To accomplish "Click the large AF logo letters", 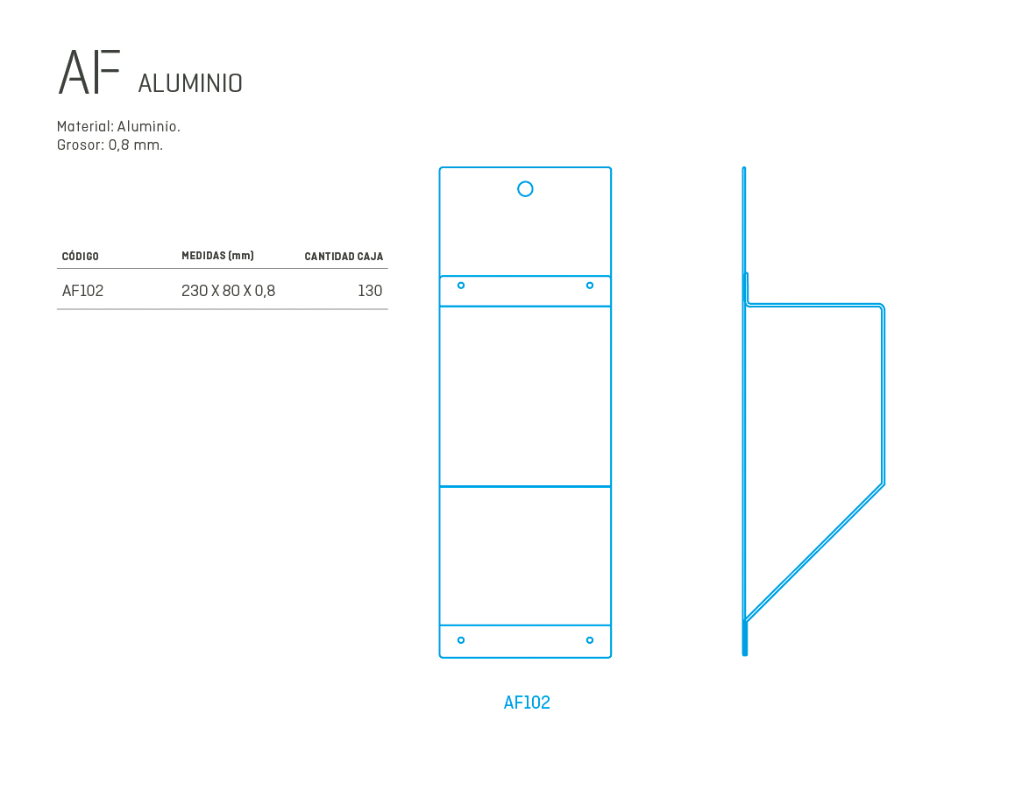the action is coord(89,72).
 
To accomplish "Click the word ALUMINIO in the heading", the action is coord(190,83).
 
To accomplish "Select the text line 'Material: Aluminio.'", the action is coord(118,126).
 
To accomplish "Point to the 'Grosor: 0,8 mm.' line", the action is coord(110,145).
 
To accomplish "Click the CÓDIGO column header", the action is coord(81,257).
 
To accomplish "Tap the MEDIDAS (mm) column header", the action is coord(217,256).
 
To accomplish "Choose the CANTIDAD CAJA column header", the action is coord(344,257).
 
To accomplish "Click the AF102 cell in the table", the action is coord(83,291).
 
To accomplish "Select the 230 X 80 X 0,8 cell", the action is coord(229,291).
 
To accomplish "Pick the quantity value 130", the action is coord(370,291).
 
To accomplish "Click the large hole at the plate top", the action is coord(525,189).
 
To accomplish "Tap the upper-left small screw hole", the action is coord(461,286).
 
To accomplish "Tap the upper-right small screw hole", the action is coord(590,286).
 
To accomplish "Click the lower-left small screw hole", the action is coord(461,640).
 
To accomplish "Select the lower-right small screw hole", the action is coord(590,640).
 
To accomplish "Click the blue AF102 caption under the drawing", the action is coord(527,703).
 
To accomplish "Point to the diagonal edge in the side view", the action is coord(814,552).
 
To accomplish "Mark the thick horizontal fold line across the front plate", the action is coord(525,486).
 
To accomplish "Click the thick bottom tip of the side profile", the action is coord(745,653).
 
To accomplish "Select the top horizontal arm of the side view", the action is coord(814,304).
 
